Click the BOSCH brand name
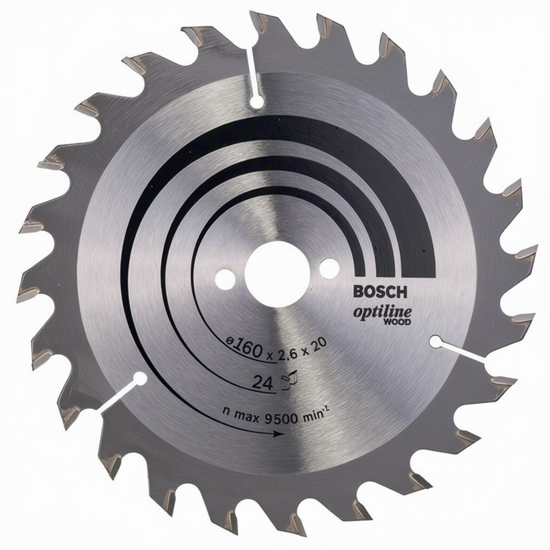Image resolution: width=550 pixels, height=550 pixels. click(x=380, y=292)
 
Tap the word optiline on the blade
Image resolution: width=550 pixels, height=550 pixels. click(x=382, y=312)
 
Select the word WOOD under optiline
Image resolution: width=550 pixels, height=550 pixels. click(x=398, y=321)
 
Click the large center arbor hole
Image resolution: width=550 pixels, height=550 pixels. click(x=277, y=274)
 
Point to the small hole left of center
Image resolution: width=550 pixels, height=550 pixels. click(x=225, y=280)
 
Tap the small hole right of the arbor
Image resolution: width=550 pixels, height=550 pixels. click(x=329, y=268)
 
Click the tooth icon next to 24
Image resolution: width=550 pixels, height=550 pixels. click(x=290, y=380)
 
